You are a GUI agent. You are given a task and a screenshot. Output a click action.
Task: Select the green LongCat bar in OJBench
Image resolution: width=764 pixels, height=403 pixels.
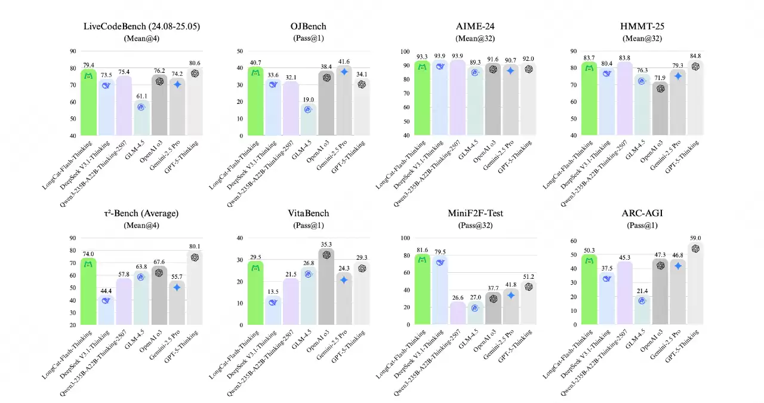coord(255,101)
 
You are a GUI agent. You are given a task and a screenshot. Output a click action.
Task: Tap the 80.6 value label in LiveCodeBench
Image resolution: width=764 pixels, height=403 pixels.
coord(195,63)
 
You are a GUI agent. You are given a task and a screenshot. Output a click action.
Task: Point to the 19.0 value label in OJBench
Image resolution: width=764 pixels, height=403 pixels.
coord(308,99)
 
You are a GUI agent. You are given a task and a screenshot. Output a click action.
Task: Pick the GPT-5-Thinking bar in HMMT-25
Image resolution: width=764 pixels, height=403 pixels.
coord(695,99)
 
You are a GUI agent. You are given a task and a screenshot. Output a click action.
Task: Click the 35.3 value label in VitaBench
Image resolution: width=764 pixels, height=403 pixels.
coord(326,244)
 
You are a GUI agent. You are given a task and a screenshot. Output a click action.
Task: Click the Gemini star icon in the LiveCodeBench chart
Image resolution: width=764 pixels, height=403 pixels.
coord(177,84)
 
